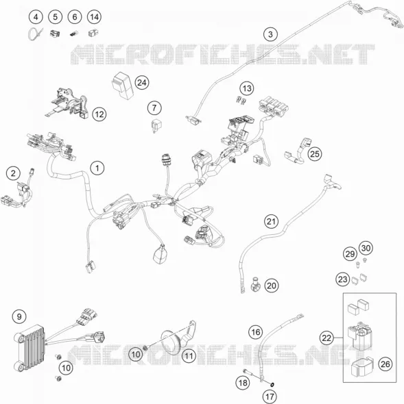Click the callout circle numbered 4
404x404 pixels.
click(x=36, y=17)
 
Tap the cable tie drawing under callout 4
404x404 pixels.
click(x=35, y=34)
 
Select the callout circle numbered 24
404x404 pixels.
click(x=142, y=83)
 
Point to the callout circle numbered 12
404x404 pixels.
click(x=99, y=114)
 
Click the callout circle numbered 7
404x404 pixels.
click(x=154, y=108)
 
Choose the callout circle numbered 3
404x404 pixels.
click(x=270, y=34)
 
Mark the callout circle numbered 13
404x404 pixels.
click(x=247, y=88)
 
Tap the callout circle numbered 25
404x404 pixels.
click(x=315, y=154)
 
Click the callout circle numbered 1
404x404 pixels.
click(x=97, y=168)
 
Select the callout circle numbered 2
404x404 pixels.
click(x=14, y=173)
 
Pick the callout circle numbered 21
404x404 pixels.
click(x=271, y=221)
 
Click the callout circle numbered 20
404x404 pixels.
click(x=272, y=286)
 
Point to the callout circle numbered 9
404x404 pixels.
click(x=19, y=316)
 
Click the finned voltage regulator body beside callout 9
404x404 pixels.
click(x=29, y=348)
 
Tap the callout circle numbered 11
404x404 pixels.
click(x=189, y=356)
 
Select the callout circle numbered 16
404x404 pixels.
click(x=256, y=332)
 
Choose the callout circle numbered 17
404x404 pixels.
click(x=270, y=396)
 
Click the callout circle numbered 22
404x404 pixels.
click(x=326, y=338)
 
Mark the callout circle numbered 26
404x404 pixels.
click(x=385, y=364)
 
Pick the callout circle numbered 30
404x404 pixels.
click(x=366, y=248)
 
